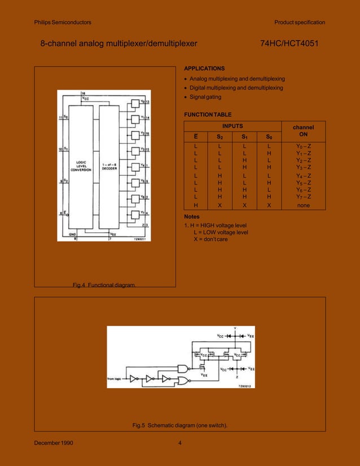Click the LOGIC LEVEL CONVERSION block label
[77, 167]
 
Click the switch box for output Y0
[135, 103]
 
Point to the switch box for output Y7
[135, 215]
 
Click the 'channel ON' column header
[302, 131]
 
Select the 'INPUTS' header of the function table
[232, 126]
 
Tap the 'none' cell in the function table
[302, 206]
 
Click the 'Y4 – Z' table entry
[302, 175]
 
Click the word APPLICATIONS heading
[204, 68]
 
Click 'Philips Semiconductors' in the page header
[63, 23]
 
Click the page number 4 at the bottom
[180, 442]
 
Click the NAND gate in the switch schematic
[182, 368]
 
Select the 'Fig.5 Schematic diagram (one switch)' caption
[180, 425]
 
